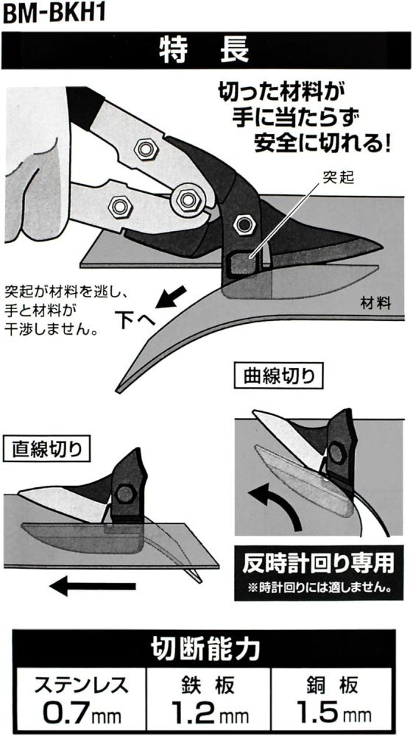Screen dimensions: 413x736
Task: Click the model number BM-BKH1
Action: (x=53, y=13)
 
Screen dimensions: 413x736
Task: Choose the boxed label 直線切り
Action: (x=47, y=449)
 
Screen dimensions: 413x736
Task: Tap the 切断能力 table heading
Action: (x=205, y=650)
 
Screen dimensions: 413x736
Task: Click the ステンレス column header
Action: (x=81, y=686)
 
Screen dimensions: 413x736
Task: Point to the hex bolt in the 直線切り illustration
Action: (x=125, y=493)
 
